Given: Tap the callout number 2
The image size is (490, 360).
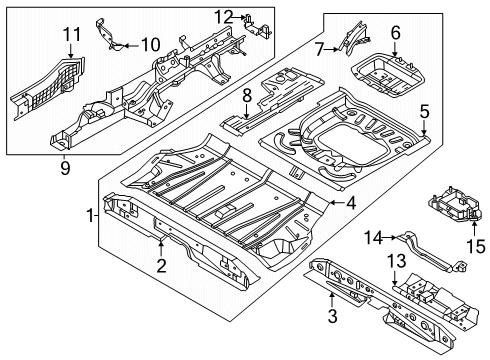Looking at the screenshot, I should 159,266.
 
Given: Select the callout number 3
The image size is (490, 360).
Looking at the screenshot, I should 333,317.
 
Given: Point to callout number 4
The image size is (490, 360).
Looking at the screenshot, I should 351,206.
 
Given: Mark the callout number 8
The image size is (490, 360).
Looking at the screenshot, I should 246,97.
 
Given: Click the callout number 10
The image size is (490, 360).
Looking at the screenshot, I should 150,43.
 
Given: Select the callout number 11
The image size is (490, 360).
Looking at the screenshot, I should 70,38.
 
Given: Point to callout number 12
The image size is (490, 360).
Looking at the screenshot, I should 225,16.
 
